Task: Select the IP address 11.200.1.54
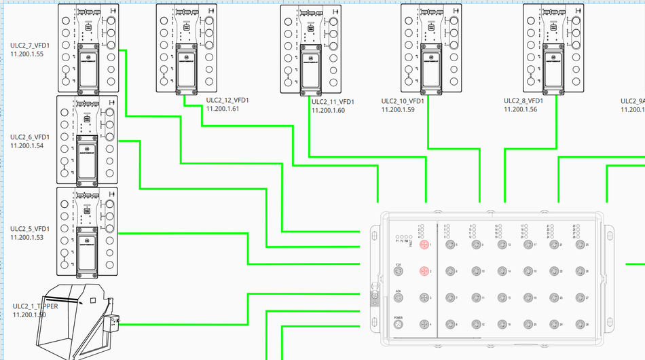(27, 145)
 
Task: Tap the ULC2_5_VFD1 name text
(30, 229)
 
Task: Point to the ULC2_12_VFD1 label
(227, 100)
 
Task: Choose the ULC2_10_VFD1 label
(403, 101)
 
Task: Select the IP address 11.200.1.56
(520, 109)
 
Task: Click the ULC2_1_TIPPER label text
(35, 306)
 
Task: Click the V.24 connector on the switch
(399, 271)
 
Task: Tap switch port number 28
(579, 325)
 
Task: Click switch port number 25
(579, 245)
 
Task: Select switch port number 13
(501, 245)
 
